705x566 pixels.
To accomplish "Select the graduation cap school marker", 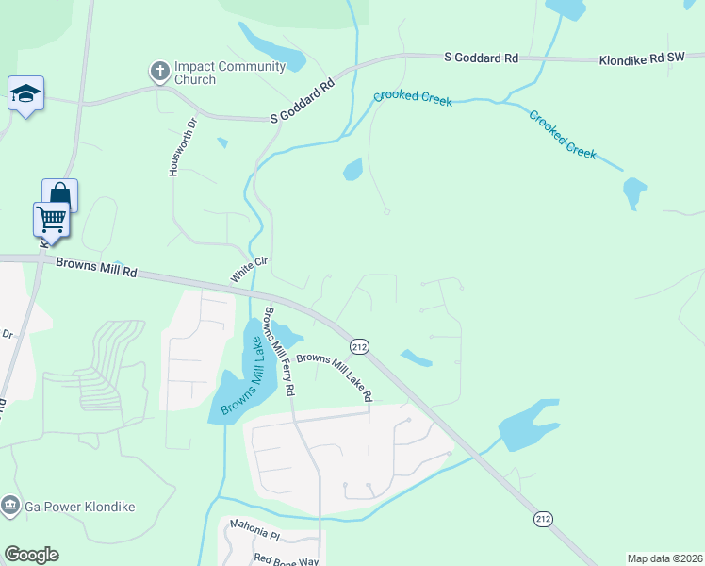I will [25, 93].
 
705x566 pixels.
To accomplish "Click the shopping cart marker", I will [52, 220].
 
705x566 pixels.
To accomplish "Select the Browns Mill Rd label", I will [96, 268].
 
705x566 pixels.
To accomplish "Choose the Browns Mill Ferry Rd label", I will [280, 350].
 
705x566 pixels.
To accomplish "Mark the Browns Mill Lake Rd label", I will [335, 377].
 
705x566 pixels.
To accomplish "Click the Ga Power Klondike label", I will [80, 507].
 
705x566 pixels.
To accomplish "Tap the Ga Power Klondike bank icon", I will [10, 506].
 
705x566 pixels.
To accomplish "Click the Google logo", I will [31, 555].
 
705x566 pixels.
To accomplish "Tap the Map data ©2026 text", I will [664, 558].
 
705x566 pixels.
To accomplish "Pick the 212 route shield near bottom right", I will [543, 519].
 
